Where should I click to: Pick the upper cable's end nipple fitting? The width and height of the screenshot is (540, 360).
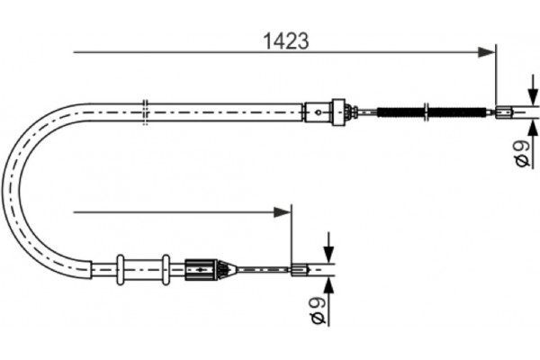pos(503,112)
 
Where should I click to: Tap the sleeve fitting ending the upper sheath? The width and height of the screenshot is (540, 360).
pos(316,112)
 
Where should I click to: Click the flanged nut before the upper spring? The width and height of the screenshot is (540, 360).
pos(339,112)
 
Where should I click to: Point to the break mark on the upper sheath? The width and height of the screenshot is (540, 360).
pos(145,112)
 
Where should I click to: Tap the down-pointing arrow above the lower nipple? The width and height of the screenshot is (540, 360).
pos(329,249)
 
